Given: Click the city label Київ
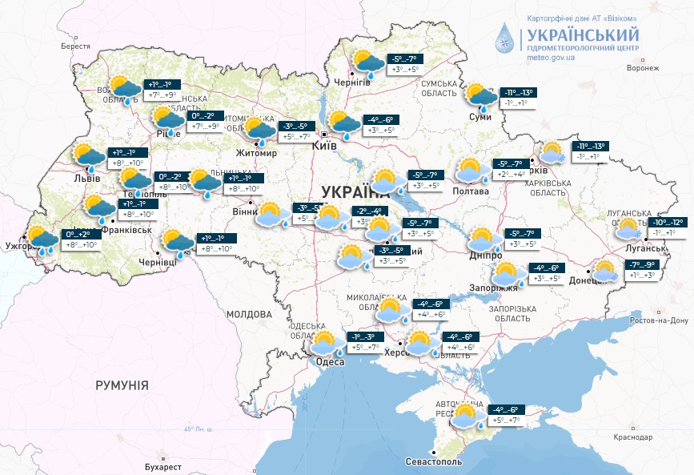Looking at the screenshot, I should coord(323,147).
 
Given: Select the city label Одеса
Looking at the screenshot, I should coord(330,362).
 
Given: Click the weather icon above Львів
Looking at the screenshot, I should coord(89,158).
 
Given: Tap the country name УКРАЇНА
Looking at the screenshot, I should coord(354,191).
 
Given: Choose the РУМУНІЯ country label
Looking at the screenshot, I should coord(122,385).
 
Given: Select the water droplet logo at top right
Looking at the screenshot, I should coord(506,36).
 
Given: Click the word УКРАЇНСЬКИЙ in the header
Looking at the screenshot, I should coord(583,35).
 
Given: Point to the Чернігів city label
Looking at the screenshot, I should coord(351,82).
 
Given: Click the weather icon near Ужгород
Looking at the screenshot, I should coord(42,240).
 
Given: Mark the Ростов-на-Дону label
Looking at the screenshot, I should coord(659,320).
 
